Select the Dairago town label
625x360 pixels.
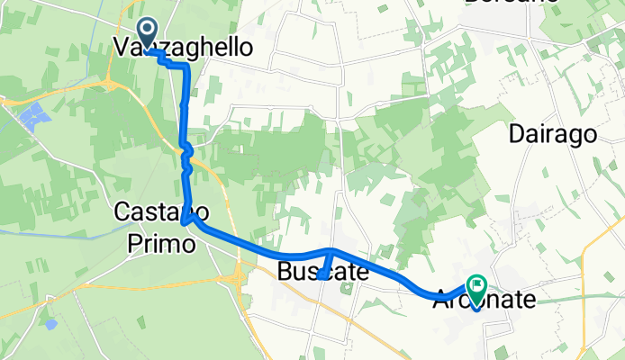click(x=553, y=135)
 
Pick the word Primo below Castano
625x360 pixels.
click(x=157, y=239)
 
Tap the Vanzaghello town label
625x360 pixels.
click(x=183, y=48)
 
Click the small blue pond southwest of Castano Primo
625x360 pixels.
click(x=50, y=321)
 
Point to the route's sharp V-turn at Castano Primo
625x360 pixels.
click(x=184, y=220)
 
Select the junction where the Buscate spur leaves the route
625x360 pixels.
click(x=331, y=251)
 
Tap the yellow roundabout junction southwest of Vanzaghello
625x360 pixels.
click(x=113, y=85)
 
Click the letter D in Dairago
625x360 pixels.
click(x=518, y=135)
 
